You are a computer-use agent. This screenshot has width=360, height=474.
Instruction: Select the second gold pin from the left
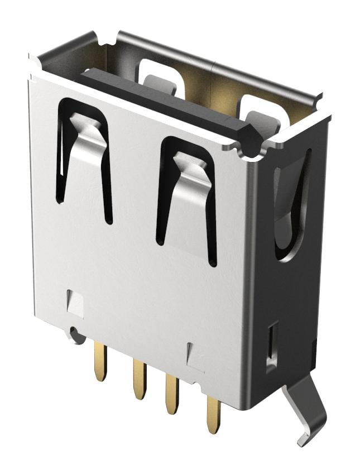point(139,379)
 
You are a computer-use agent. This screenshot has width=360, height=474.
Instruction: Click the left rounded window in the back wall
point(161,75)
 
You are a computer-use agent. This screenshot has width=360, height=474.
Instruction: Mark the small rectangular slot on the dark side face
point(272,346)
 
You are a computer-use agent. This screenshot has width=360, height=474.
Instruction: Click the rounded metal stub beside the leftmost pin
point(75,334)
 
